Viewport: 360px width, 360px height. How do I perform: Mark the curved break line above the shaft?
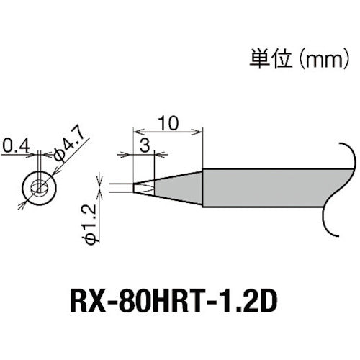pyautogui.click(x=346, y=156)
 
